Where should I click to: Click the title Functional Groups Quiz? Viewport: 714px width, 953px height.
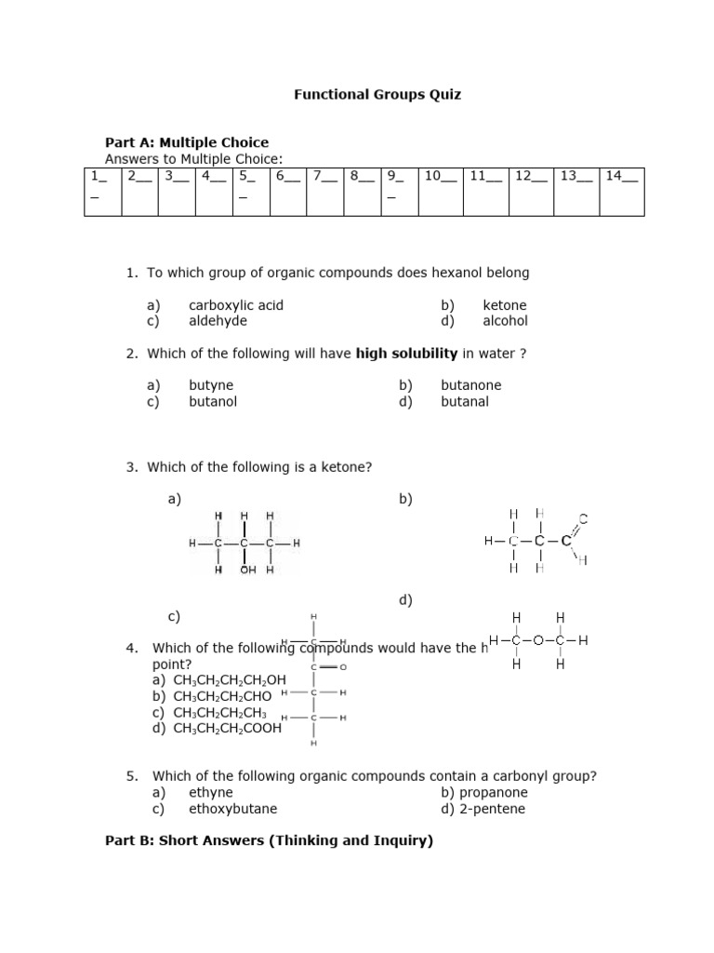(x=377, y=95)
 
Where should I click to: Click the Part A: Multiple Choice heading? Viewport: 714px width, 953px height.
(x=187, y=142)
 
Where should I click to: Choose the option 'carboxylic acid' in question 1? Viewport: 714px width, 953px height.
(x=236, y=305)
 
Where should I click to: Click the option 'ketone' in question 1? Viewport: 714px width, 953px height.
(x=504, y=305)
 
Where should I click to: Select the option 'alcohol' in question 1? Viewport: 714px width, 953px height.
(x=505, y=321)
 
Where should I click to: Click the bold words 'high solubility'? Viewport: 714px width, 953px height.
(x=407, y=354)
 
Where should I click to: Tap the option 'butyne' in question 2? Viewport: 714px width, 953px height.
(x=211, y=385)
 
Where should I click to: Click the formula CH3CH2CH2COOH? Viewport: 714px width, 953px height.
(x=227, y=729)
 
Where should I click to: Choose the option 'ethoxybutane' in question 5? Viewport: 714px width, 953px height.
(x=232, y=809)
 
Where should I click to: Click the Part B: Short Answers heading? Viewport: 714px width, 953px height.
(x=269, y=841)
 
